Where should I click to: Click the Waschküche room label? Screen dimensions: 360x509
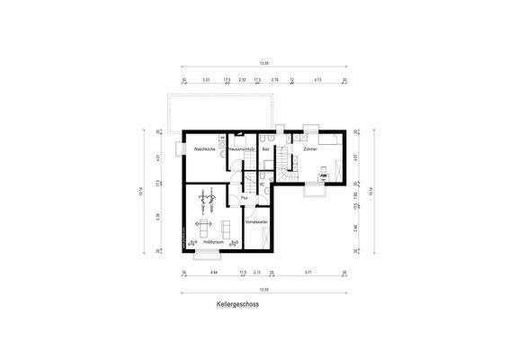pyautogui.click(x=203, y=148)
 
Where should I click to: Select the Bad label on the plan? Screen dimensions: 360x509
pyautogui.click(x=266, y=148)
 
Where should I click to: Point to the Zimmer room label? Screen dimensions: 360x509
pyautogui.click(x=309, y=148)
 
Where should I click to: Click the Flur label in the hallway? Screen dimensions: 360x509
pyautogui.click(x=244, y=198)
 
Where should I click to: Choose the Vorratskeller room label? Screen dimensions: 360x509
pyautogui.click(x=255, y=220)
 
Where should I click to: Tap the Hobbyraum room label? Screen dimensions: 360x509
pyautogui.click(x=212, y=242)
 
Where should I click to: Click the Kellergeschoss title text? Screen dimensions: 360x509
pyautogui.click(x=237, y=304)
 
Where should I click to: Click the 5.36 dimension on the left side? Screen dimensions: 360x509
pyautogui.click(x=157, y=216)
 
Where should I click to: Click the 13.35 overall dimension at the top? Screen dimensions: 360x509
pyautogui.click(x=263, y=64)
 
